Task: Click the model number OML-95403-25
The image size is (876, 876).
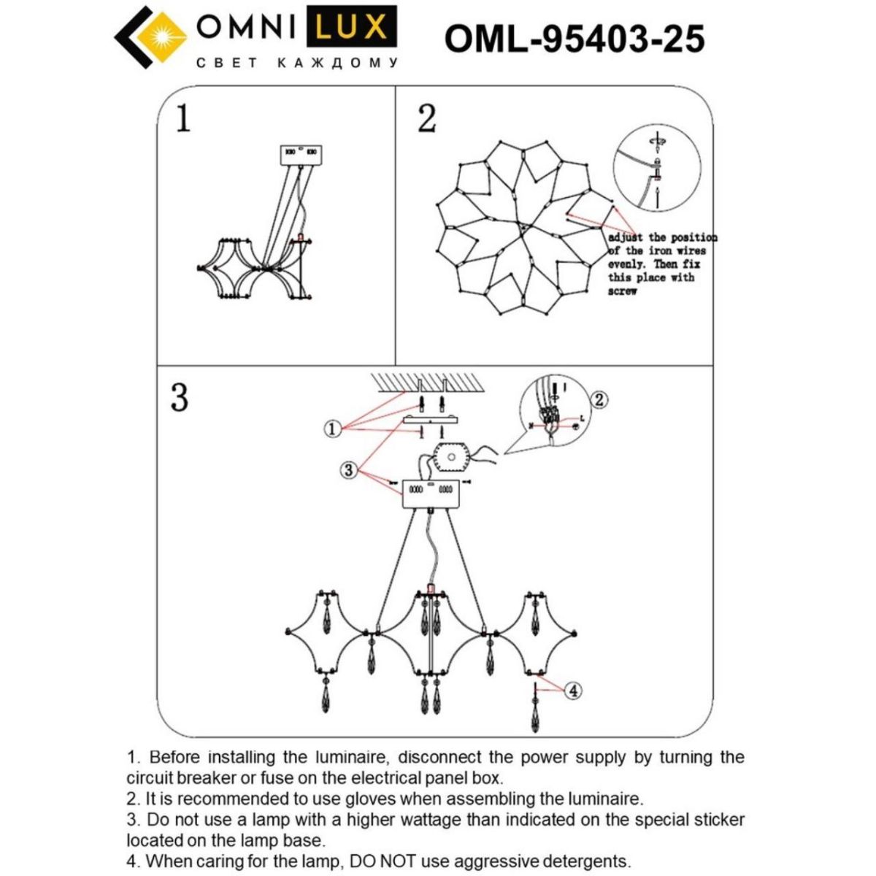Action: pyautogui.click(x=575, y=39)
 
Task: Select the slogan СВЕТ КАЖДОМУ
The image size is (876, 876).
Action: pyautogui.click(x=297, y=64)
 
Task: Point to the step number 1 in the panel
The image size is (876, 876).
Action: pyautogui.click(x=183, y=118)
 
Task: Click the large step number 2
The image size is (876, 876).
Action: pyautogui.click(x=427, y=118)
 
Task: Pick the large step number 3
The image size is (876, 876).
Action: pyautogui.click(x=180, y=398)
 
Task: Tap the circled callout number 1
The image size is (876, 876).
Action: pyautogui.click(x=333, y=429)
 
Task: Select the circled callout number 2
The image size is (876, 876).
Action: pyautogui.click(x=599, y=399)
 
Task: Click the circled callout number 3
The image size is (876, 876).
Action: pyautogui.click(x=349, y=470)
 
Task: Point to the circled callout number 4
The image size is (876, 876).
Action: pyautogui.click(x=574, y=690)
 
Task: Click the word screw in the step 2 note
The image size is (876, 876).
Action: pyautogui.click(x=623, y=291)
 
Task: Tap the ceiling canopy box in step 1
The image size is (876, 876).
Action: pyautogui.click(x=301, y=153)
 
